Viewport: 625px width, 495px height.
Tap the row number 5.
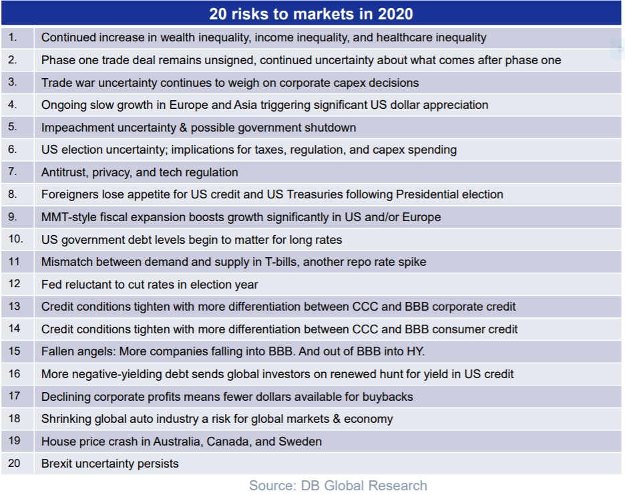(x=13, y=127)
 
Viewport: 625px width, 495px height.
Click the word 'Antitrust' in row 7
(x=63, y=172)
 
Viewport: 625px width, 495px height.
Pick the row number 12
(x=15, y=284)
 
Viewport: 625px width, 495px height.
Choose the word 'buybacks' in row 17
(x=388, y=397)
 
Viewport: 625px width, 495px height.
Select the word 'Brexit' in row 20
(x=57, y=464)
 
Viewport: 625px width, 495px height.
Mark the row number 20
(x=15, y=463)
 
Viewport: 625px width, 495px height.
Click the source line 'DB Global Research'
(x=338, y=486)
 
